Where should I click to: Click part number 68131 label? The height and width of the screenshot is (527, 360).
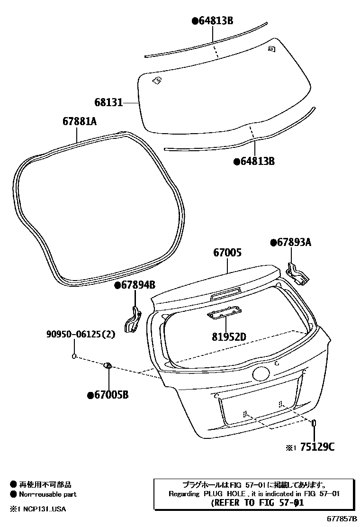click(x=108, y=102)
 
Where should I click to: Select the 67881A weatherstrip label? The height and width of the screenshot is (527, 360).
click(x=80, y=121)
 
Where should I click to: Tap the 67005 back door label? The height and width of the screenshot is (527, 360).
click(x=227, y=253)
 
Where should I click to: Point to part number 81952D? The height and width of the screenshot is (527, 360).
click(x=229, y=337)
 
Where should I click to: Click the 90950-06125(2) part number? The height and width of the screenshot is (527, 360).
click(x=81, y=335)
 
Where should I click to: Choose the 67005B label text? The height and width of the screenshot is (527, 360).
click(x=108, y=395)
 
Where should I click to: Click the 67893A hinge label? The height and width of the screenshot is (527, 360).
click(x=291, y=243)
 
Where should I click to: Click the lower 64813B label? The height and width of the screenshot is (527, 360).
click(x=254, y=161)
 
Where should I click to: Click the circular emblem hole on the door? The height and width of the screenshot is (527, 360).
click(x=261, y=374)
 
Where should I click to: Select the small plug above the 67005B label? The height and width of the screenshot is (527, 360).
click(x=108, y=365)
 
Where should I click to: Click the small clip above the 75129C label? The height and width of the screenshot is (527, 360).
click(x=314, y=423)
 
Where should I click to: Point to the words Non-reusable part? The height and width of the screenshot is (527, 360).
click(x=47, y=494)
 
